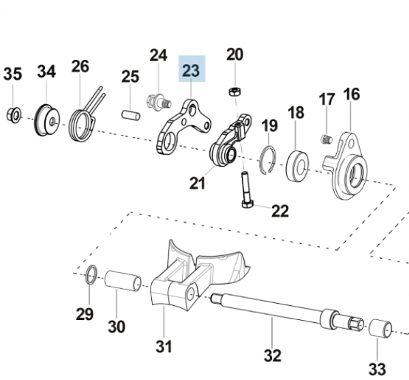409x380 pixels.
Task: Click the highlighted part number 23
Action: click(191, 69)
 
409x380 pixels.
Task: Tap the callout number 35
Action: click(12, 74)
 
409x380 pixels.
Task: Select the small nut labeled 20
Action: click(233, 91)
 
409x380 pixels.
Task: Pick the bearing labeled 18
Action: click(297, 163)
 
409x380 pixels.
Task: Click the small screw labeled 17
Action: click(325, 140)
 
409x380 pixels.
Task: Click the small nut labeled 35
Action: click(13, 114)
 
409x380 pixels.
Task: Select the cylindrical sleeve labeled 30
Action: click(123, 280)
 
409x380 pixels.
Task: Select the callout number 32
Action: click(272, 354)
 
